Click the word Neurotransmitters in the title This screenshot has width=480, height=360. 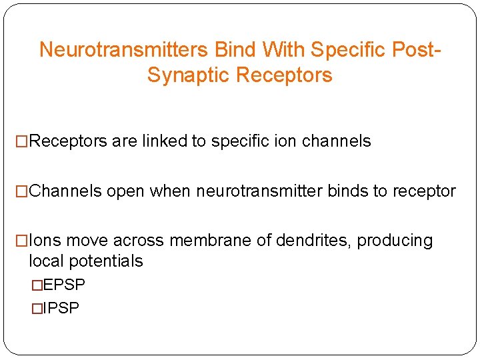[x=125, y=50]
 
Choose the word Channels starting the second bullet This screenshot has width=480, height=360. [x=66, y=191]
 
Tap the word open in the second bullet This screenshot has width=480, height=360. [x=125, y=191]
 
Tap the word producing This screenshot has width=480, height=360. [x=395, y=241]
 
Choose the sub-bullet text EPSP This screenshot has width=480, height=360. [x=64, y=285]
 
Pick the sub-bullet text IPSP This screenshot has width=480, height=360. [x=61, y=308]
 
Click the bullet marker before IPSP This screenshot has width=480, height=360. [x=37, y=308]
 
